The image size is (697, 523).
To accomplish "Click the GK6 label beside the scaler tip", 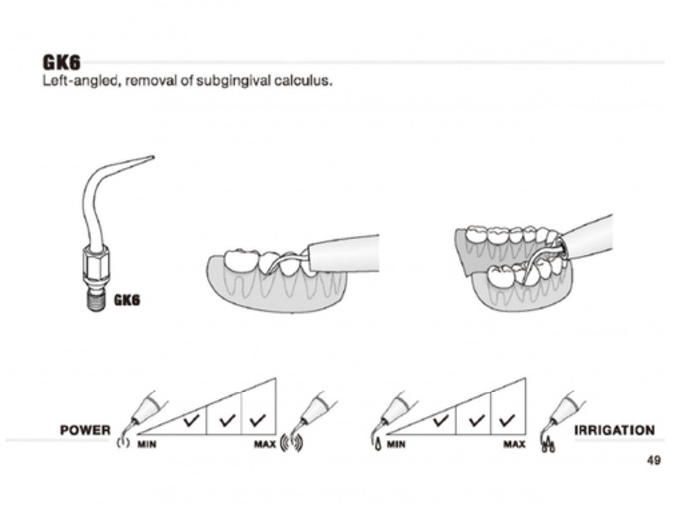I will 127,299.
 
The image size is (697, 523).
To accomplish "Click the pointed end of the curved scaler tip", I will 152,156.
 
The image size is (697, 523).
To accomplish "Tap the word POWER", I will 85,431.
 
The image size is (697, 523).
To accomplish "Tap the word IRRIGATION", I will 614,431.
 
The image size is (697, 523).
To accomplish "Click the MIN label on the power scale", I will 148,444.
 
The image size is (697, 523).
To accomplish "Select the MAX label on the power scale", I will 264,444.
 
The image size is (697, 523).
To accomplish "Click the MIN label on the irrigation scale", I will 396,444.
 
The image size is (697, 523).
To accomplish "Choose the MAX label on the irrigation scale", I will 513,444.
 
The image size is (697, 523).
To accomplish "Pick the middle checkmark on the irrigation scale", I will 474,420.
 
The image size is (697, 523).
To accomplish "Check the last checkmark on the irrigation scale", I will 508,420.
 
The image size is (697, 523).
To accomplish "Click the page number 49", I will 653,460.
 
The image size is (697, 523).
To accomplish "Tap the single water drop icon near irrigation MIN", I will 378,444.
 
